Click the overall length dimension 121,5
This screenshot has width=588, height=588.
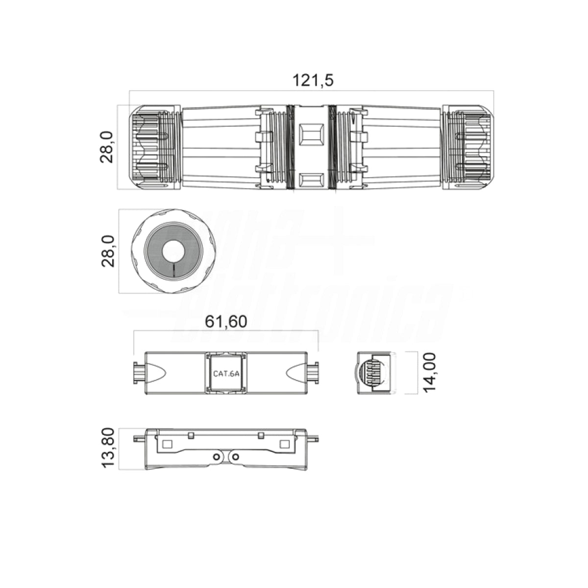click(313, 80)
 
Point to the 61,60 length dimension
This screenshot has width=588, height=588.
click(226, 321)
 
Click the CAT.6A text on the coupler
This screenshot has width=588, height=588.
click(226, 373)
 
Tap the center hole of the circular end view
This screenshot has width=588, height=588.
click(173, 251)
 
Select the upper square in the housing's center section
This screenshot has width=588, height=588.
click(310, 132)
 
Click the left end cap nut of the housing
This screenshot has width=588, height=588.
click(152, 147)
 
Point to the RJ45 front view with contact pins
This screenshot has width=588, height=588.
click(374, 373)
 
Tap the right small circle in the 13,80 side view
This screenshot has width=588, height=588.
click(236, 457)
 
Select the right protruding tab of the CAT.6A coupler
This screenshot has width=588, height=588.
click(314, 373)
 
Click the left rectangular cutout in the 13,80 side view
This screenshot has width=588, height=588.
click(167, 444)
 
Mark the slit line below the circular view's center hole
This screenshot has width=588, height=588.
click(173, 269)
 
